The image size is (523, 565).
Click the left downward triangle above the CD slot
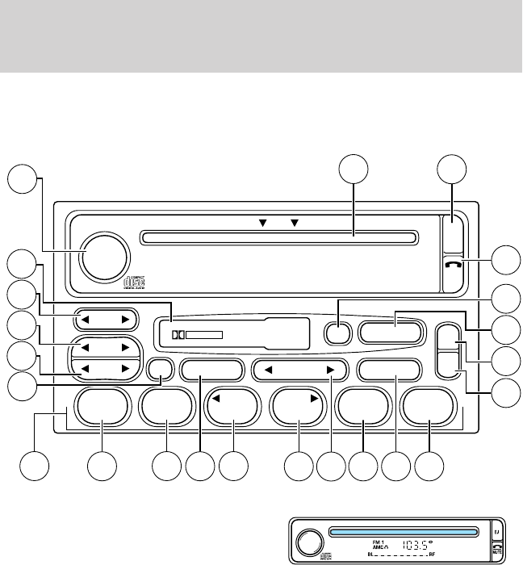(262, 220)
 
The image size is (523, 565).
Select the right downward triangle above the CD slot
(294, 220)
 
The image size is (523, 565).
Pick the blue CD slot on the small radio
(408, 531)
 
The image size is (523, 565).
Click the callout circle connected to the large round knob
(23, 179)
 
